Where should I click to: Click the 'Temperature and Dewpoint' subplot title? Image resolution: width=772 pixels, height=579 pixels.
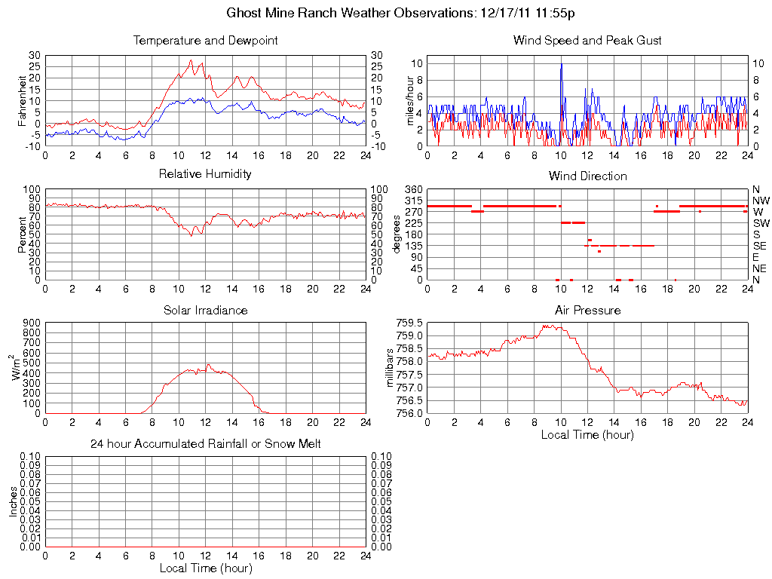(205, 40)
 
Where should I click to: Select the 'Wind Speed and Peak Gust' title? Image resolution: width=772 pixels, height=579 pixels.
(587, 40)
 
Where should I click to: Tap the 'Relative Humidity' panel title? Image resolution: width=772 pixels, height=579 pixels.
(205, 174)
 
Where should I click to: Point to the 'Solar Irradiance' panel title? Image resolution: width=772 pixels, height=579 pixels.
(205, 310)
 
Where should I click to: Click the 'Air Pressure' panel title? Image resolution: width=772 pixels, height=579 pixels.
(587, 310)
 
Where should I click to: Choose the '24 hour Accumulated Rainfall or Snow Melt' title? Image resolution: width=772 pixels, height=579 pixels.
(205, 444)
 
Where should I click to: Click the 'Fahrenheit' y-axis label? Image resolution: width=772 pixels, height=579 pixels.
(23, 101)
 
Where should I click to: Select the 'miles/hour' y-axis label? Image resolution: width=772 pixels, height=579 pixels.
(411, 101)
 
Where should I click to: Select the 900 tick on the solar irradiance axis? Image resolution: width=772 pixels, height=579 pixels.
(31, 323)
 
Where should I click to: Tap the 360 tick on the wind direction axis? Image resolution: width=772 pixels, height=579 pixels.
(412, 188)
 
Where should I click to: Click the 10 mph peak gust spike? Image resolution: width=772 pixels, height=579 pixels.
(561, 65)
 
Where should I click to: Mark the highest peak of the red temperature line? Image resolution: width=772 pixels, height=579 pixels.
(191, 60)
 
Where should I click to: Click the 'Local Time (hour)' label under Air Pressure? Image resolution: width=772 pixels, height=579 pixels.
(587, 435)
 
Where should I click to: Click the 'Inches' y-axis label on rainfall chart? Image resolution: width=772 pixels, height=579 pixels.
(14, 501)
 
